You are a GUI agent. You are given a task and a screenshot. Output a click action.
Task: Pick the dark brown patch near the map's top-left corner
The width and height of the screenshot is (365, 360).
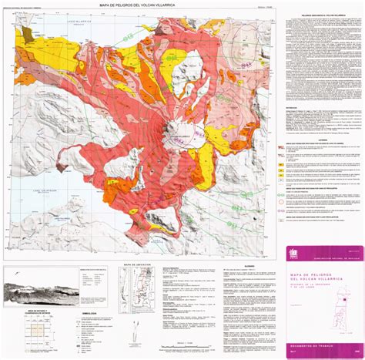pyautogui.click(x=28, y=35)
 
